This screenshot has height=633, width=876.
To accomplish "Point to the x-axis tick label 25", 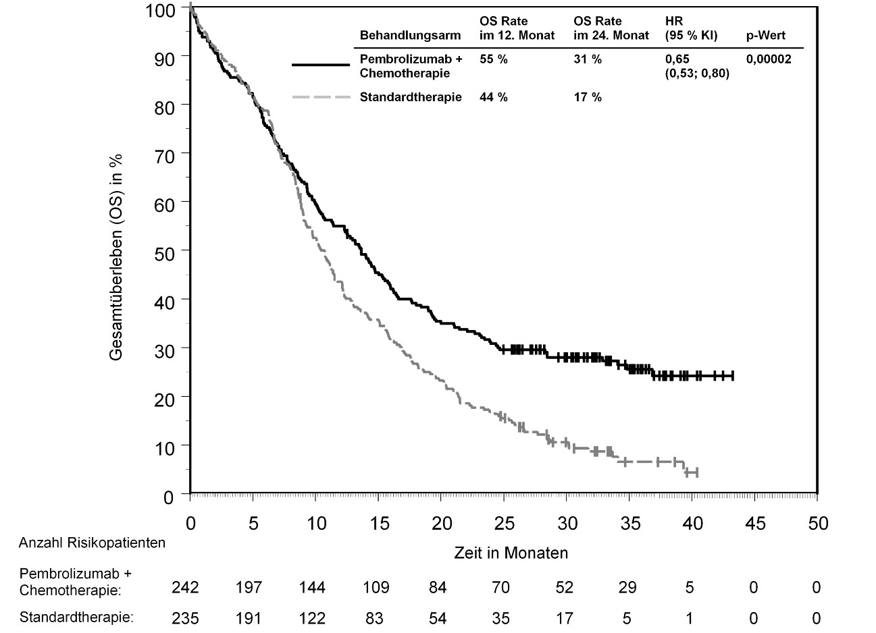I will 503,523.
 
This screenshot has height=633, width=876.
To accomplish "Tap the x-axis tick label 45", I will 754,523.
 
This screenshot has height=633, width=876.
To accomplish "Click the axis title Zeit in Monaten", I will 511,553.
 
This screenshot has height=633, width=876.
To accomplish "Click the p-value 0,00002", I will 769,59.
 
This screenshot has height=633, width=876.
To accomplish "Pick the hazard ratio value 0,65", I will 677,59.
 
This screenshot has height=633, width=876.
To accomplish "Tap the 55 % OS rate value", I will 493,59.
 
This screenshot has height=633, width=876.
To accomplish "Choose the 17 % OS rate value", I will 587,97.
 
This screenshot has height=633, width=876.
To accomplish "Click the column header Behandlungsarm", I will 411,35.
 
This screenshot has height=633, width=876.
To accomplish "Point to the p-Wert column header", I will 765,35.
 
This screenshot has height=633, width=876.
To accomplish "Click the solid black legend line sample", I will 321,65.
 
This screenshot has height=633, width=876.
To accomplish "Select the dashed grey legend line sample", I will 321,97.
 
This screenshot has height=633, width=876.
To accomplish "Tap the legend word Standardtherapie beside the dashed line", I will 411,97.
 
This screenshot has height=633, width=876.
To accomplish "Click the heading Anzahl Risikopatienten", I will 92,543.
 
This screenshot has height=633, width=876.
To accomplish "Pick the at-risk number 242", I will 185,588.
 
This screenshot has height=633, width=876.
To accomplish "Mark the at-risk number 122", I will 312,617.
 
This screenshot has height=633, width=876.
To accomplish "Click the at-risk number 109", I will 376,588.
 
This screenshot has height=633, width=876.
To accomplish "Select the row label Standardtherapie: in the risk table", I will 76,617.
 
